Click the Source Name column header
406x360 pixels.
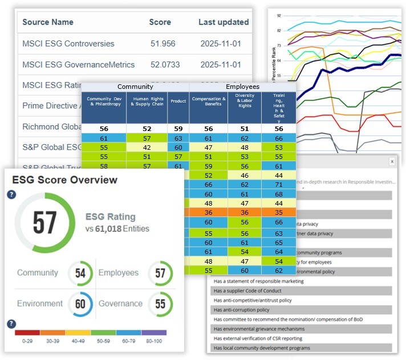tap(48, 22)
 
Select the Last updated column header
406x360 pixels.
tap(224, 22)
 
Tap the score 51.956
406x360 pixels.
tap(162, 43)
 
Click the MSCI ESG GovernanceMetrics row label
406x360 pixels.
tap(78, 64)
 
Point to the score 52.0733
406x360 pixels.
tap(163, 64)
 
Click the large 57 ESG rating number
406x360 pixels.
tap(44, 223)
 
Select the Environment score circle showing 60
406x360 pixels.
tap(80, 304)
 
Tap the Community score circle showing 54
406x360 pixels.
tap(80, 273)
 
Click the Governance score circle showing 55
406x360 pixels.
tap(160, 304)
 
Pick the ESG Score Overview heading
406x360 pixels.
tap(64, 180)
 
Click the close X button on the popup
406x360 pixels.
tap(392, 161)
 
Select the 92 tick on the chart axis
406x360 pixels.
tap(278, 16)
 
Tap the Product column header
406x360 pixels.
tap(178, 101)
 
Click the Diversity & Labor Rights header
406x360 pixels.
tap(245, 100)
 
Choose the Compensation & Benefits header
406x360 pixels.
tap(208, 100)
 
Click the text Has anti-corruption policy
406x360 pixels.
tap(241, 310)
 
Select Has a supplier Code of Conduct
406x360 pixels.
tap(245, 291)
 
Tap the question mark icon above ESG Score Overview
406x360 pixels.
tap(11, 194)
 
